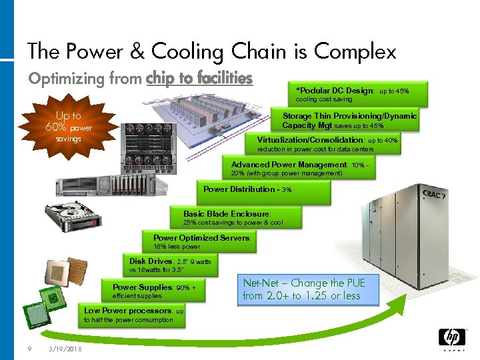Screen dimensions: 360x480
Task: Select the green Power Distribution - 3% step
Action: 264,191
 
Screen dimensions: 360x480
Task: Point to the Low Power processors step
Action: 134,315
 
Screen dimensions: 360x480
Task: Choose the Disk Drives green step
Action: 170,265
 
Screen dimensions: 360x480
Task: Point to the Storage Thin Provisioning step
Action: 349,120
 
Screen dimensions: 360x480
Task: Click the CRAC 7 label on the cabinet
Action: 435,196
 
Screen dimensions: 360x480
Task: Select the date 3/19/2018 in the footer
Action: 65,348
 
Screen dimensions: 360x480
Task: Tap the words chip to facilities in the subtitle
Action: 199,79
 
